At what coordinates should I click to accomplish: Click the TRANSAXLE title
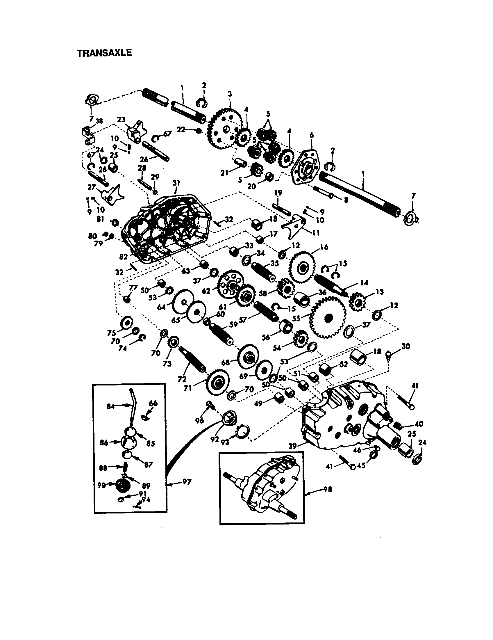(x=104, y=53)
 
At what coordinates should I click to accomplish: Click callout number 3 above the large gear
(x=230, y=94)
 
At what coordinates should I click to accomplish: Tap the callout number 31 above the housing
(x=176, y=183)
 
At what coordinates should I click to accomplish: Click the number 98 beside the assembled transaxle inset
(x=328, y=489)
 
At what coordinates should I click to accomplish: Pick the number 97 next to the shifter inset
(x=187, y=481)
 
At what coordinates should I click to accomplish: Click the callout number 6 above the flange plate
(x=312, y=135)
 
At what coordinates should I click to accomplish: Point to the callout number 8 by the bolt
(x=346, y=200)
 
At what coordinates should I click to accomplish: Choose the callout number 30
(x=406, y=346)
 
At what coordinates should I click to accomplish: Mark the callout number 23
(x=121, y=119)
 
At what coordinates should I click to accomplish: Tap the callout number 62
(x=206, y=291)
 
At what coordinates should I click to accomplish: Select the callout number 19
(x=278, y=193)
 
